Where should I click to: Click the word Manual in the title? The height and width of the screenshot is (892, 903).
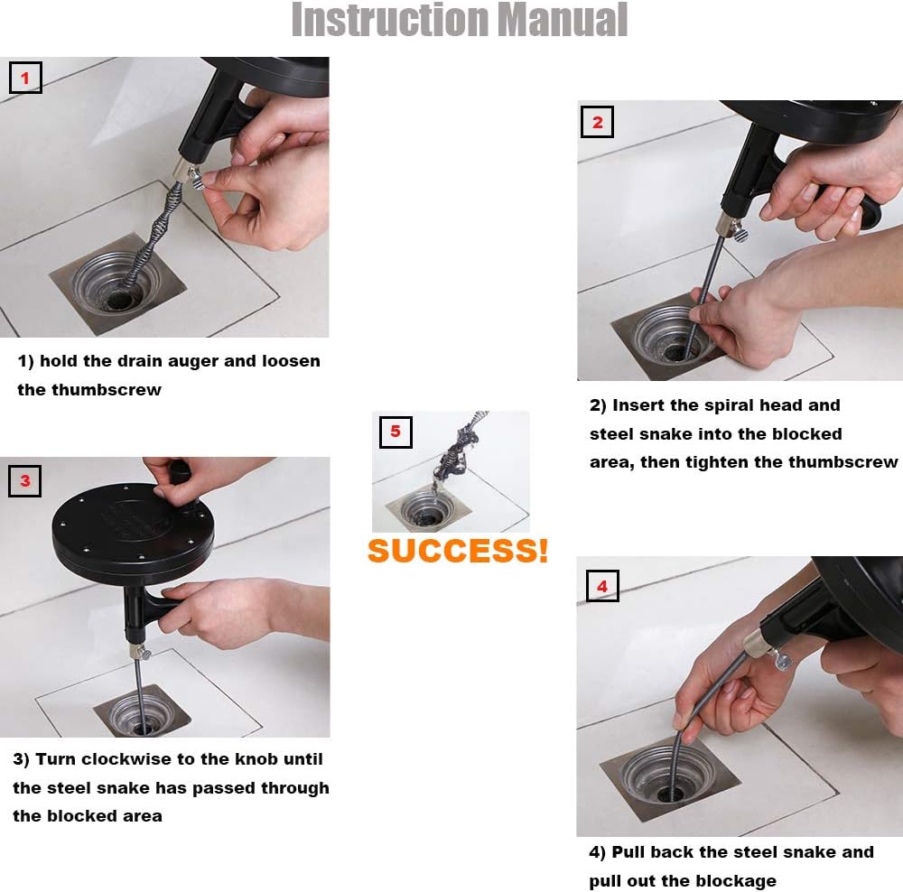tap(562, 20)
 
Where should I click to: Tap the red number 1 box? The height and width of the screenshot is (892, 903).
tap(25, 78)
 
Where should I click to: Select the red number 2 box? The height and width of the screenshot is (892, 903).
tap(597, 122)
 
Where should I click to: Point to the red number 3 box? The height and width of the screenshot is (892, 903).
tap(24, 481)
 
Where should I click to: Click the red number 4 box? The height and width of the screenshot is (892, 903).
tap(602, 586)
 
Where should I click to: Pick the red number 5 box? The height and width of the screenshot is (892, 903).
tap(396, 432)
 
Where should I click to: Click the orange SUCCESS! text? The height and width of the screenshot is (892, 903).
tap(458, 551)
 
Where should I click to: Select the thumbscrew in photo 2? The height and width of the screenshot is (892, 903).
tap(739, 233)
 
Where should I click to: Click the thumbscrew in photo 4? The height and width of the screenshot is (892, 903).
tap(781, 661)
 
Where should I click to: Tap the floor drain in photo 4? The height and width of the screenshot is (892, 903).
tap(670, 778)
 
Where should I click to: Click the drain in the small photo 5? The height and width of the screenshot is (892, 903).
tap(427, 510)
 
